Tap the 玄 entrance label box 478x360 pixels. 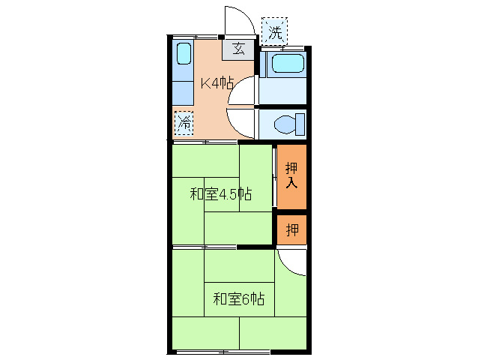238,49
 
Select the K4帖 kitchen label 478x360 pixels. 215,83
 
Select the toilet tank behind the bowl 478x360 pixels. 300,123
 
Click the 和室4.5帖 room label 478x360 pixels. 220,194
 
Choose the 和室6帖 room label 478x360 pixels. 238,298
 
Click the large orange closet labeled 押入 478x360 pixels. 291,177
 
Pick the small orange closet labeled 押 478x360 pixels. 291,229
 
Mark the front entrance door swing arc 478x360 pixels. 239,20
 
